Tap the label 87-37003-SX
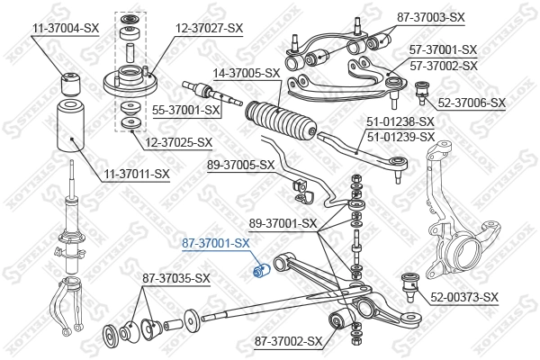click(x=455, y=17)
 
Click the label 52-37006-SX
click(x=473, y=103)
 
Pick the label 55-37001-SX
click(x=186, y=110)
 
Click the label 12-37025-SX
click(x=178, y=142)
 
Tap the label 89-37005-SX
click(x=240, y=165)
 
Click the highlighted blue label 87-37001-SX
click(x=216, y=243)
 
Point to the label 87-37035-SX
click(x=175, y=278)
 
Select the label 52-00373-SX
click(x=464, y=297)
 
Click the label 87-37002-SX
click(x=288, y=341)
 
